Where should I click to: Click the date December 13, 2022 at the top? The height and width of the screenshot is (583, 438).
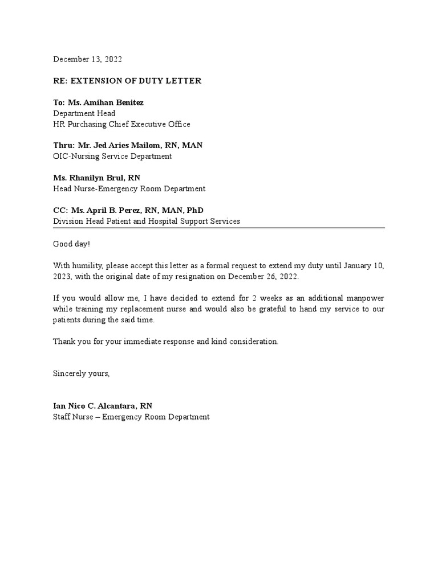coord(87,59)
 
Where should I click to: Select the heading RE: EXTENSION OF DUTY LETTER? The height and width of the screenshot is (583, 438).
coord(127,81)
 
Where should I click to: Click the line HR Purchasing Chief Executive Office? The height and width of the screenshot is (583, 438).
coord(121,124)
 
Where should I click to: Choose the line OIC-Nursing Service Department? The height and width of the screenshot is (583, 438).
coord(112,156)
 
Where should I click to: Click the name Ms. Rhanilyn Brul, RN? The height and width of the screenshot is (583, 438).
coord(96,178)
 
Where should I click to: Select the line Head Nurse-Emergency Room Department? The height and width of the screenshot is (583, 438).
coord(129,188)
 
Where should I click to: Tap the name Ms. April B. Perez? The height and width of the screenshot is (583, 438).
coord(106,211)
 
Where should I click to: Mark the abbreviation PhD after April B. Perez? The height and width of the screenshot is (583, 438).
coord(194,211)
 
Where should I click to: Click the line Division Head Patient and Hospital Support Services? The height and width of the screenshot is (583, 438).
coord(147,221)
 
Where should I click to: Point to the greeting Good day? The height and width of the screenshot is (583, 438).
coord(71,244)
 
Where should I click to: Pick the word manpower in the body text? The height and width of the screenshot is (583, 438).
coord(366,299)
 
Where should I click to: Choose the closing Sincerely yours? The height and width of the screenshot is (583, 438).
coord(81,374)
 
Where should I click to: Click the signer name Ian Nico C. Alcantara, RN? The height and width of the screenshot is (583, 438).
coord(103,406)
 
